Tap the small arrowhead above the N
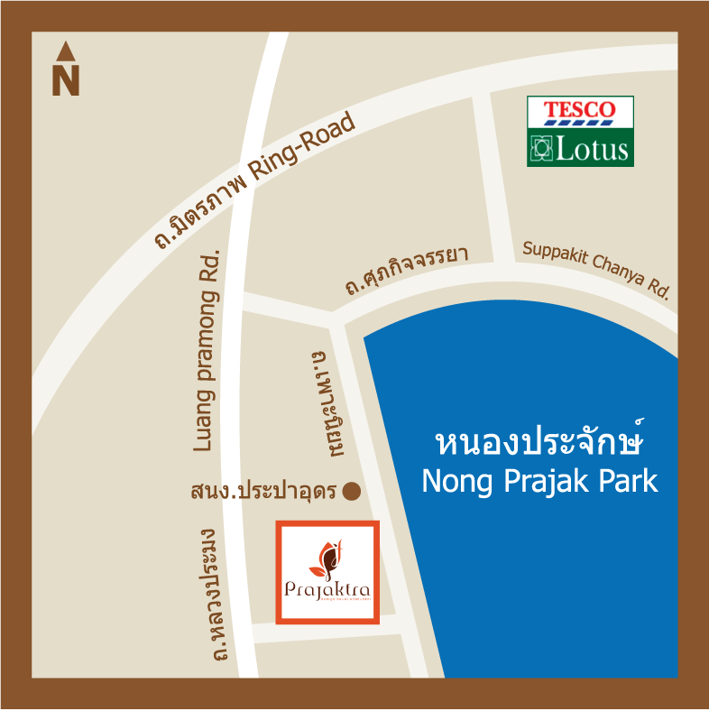point(65,52)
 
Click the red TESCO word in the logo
point(580,110)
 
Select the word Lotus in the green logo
point(592,149)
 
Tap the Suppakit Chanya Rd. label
point(597,270)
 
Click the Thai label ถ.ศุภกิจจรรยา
point(406,272)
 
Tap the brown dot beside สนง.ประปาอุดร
point(352,492)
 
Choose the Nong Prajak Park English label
point(540,481)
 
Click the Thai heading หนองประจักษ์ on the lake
point(542,443)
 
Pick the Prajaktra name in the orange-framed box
point(327,591)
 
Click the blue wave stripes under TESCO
point(580,122)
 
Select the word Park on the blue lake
point(625,481)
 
